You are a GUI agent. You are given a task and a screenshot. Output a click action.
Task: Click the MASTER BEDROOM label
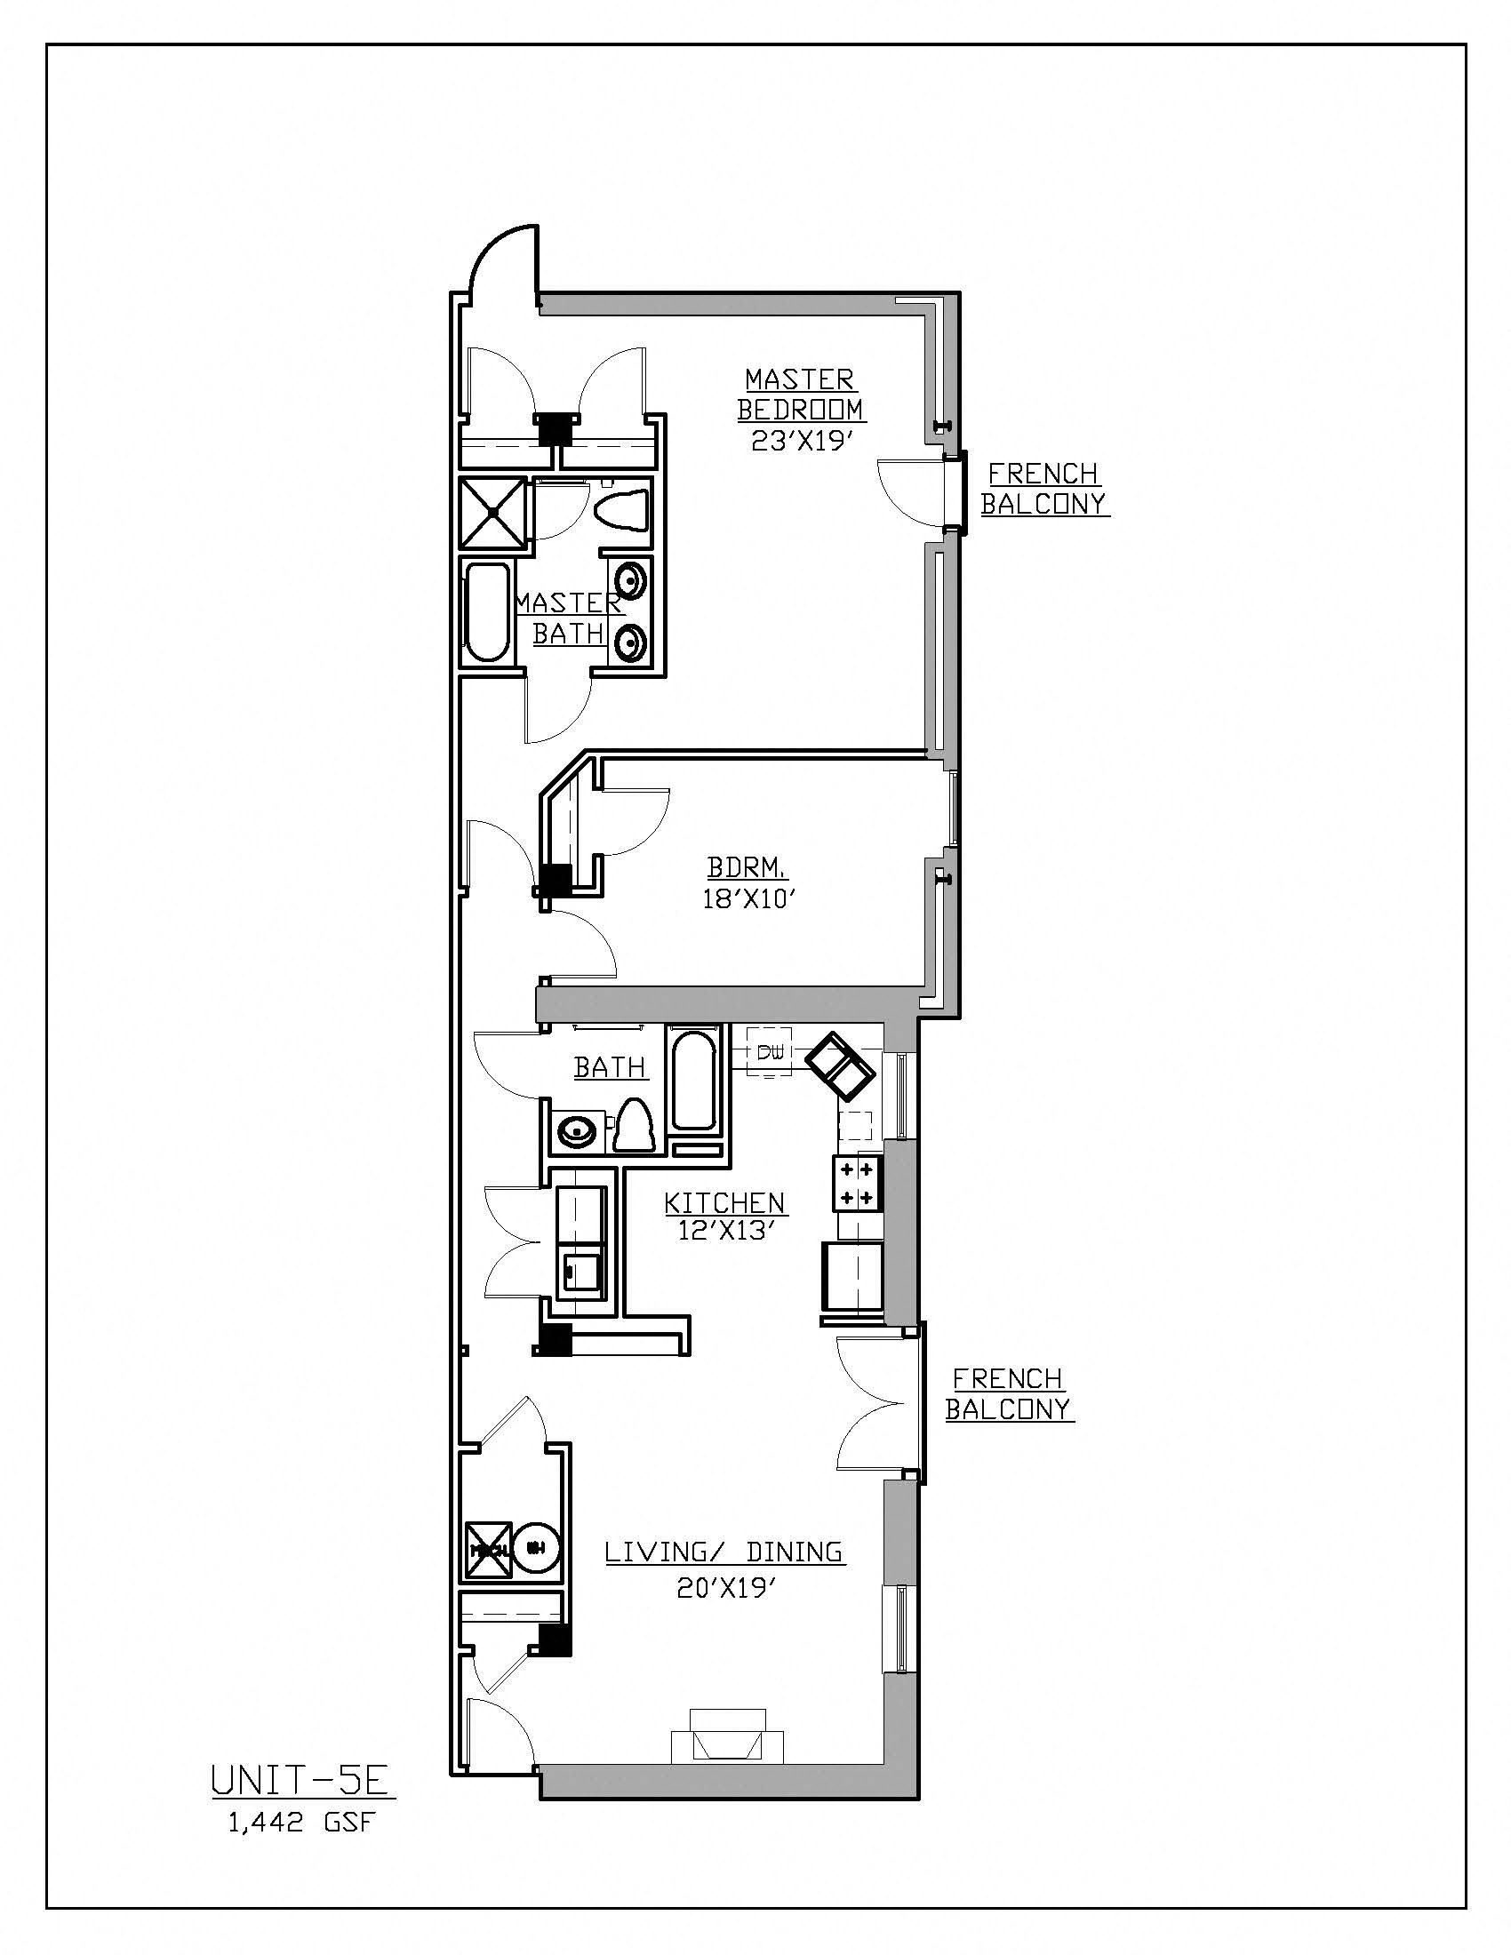point(800,394)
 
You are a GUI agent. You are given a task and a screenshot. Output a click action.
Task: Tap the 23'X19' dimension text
point(799,443)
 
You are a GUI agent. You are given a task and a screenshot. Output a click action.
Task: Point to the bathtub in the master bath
point(488,612)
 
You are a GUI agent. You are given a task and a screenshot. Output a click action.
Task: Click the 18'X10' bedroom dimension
point(749,898)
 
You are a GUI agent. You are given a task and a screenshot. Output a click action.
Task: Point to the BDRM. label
point(748,867)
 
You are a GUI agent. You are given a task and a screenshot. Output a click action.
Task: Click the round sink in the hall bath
point(577,1131)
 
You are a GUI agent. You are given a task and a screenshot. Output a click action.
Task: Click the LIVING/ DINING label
point(724,1551)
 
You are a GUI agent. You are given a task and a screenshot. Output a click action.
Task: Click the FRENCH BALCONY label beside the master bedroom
point(1043,488)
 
